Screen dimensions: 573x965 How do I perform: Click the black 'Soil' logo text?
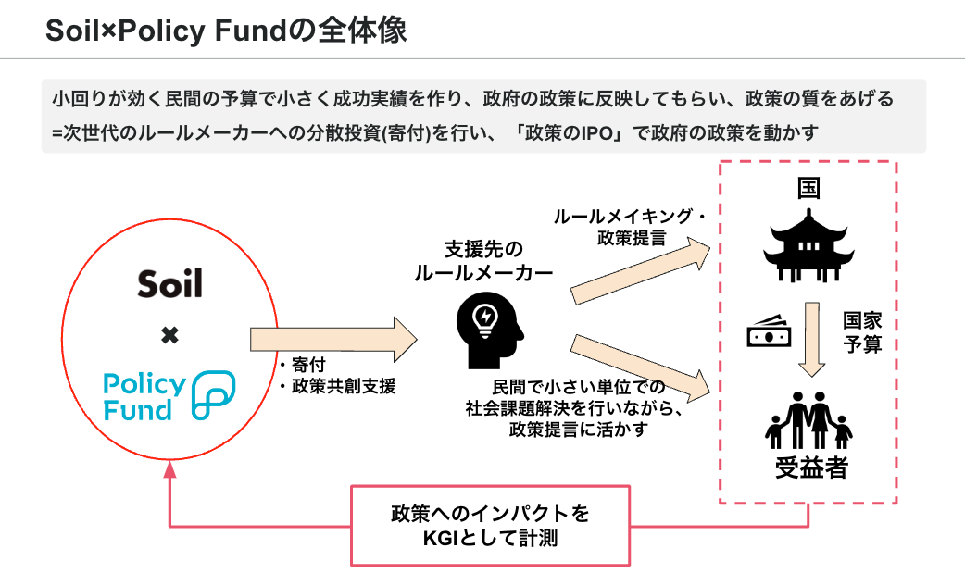click(169, 282)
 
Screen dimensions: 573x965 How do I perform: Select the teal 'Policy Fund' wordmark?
click(144, 396)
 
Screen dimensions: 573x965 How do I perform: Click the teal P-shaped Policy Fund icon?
click(212, 397)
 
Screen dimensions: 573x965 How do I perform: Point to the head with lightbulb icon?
click(483, 321)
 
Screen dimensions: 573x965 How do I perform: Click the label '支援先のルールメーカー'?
click(483, 261)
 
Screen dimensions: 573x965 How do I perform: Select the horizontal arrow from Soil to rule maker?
click(333, 340)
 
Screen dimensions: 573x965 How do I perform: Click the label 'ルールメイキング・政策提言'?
click(630, 226)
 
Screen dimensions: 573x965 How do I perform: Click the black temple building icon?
click(808, 245)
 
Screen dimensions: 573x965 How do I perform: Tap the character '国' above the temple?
click(808, 189)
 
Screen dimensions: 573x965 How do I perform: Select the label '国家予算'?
click(861, 332)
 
